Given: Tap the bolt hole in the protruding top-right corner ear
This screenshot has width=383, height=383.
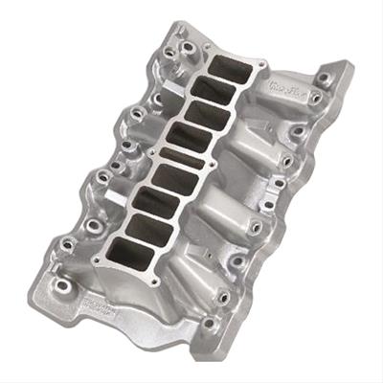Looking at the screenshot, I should click(327, 75).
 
